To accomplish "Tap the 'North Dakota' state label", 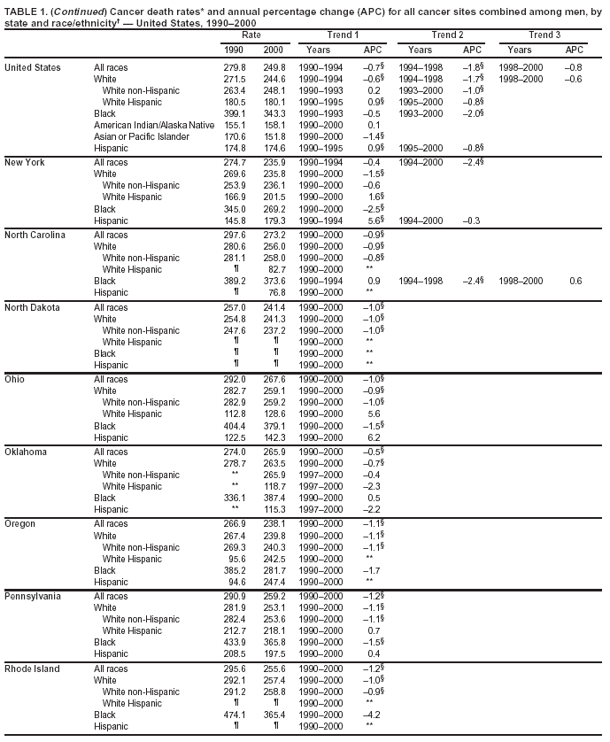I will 33,307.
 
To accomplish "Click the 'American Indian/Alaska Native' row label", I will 154,125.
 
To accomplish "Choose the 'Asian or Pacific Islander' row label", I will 143,136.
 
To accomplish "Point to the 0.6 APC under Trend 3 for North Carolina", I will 575,281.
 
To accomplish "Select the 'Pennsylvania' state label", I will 33,595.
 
